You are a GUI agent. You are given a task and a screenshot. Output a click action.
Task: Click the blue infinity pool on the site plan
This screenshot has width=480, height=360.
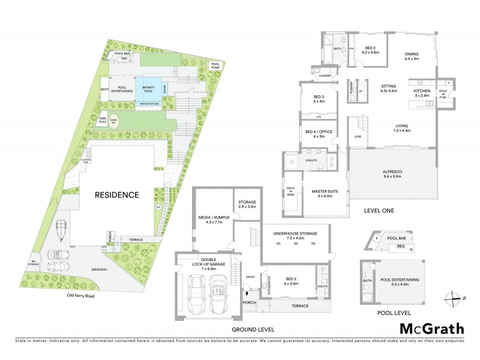[148, 90]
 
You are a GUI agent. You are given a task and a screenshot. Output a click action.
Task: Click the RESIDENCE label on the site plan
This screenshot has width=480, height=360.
[116, 195]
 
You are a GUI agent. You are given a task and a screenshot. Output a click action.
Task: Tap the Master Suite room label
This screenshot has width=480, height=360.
[324, 194]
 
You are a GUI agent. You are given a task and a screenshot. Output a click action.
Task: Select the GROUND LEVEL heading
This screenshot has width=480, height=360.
[254, 329]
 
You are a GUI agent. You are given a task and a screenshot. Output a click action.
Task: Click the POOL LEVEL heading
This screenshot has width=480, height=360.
[392, 313]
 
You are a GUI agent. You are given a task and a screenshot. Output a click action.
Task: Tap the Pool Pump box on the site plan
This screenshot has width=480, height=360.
[215, 65]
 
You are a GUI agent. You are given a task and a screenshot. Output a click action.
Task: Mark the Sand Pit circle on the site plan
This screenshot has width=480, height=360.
[115, 121]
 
